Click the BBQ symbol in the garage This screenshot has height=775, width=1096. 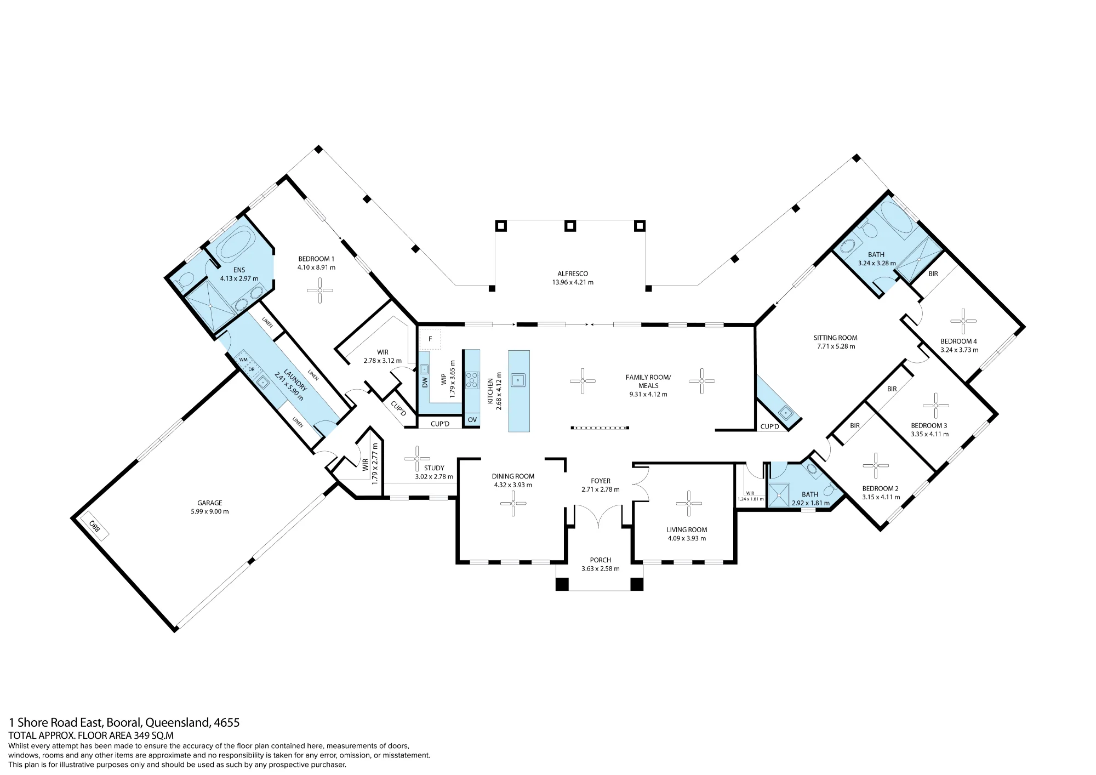(x=94, y=526)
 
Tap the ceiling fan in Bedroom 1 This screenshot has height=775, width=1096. (x=320, y=290)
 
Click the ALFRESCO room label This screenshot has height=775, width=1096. (x=573, y=273)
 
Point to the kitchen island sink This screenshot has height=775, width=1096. (x=519, y=379)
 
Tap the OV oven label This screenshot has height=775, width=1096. (x=472, y=420)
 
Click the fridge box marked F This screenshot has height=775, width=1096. (x=430, y=339)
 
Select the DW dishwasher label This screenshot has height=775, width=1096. (x=425, y=382)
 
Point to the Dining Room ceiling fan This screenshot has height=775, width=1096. (x=513, y=503)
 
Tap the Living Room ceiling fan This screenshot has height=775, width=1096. (x=688, y=504)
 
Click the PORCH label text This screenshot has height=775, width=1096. (x=601, y=560)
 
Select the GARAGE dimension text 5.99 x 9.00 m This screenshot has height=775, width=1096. (x=210, y=511)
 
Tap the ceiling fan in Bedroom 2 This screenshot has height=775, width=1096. (x=876, y=466)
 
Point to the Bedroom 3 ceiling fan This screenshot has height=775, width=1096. (x=935, y=406)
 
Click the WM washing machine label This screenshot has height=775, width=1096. (x=243, y=360)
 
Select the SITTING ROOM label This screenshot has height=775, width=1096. (x=835, y=338)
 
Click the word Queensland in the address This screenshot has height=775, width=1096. (x=178, y=722)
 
